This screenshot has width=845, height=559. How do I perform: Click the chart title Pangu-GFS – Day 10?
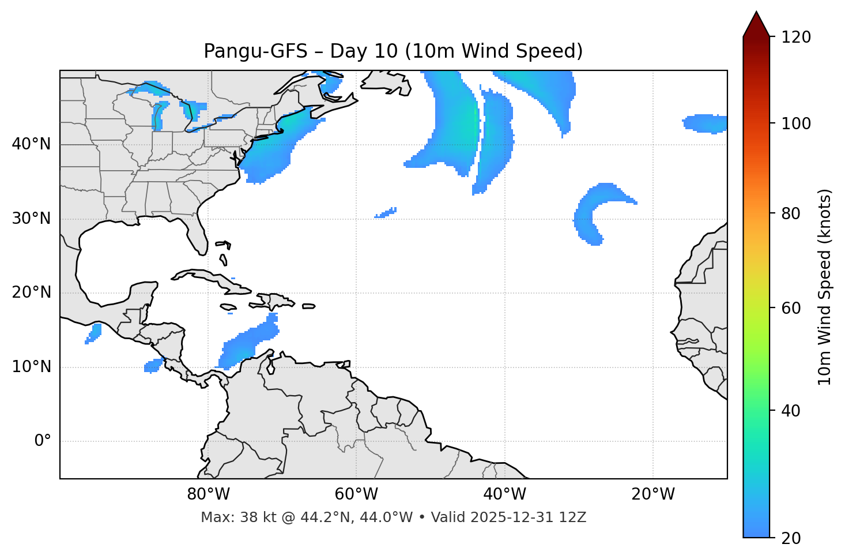(x=393, y=51)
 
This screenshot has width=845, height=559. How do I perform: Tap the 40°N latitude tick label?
(x=31, y=144)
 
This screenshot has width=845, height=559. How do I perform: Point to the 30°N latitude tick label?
(x=31, y=219)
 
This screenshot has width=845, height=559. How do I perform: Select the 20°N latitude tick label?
(x=31, y=292)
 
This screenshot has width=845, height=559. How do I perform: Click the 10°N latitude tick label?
(x=31, y=367)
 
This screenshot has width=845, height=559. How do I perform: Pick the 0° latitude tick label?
(x=42, y=441)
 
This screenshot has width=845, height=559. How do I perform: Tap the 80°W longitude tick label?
(x=208, y=494)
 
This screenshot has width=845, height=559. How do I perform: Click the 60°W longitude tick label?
(x=356, y=494)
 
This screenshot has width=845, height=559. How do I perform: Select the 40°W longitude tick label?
(x=504, y=494)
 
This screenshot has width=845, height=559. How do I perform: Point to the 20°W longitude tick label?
(x=653, y=494)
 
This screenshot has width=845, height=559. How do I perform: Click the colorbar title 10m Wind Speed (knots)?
(x=825, y=287)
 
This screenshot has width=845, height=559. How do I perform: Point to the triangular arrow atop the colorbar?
(x=756, y=24)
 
